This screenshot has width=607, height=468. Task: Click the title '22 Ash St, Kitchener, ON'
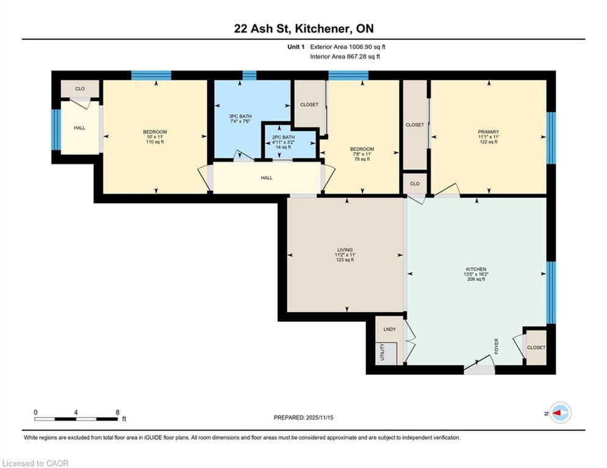(303, 29)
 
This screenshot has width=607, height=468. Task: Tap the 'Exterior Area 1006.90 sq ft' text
(348, 46)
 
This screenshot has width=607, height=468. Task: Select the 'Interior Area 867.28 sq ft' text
(345, 56)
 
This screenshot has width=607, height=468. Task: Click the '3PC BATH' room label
(240, 116)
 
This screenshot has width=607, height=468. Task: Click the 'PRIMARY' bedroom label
(489, 132)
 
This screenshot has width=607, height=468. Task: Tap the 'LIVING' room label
(345, 249)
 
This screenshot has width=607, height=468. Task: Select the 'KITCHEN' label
(475, 269)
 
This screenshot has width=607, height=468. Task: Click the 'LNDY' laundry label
(389, 329)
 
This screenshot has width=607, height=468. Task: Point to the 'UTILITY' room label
(383, 352)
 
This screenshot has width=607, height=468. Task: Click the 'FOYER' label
(497, 347)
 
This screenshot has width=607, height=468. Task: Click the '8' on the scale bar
(117, 412)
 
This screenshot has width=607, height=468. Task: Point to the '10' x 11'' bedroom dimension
(155, 137)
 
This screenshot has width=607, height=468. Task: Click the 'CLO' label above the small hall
(80, 89)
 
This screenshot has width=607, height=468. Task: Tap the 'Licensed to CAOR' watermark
(36, 463)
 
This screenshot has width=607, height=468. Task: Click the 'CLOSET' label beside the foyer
(536, 347)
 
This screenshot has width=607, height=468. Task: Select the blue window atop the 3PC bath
(249, 75)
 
